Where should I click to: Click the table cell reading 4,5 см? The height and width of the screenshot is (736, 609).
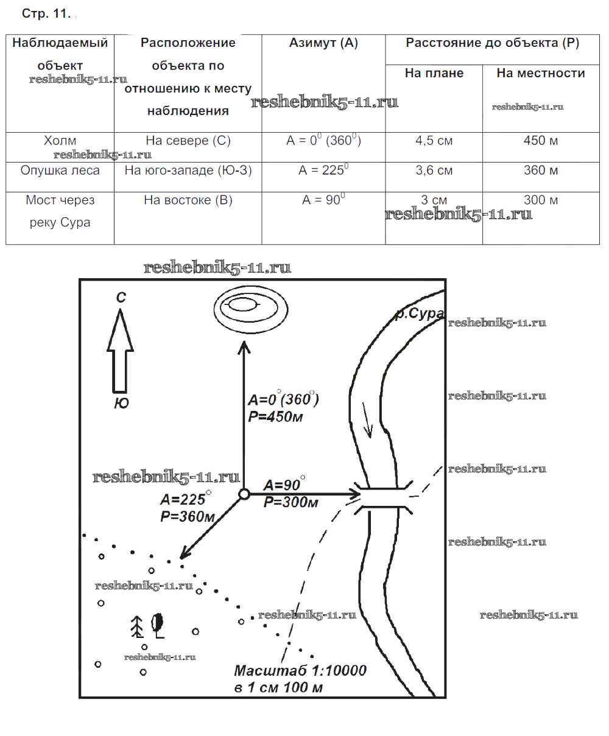[434, 141]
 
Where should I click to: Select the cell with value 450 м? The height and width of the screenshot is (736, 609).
[541, 141]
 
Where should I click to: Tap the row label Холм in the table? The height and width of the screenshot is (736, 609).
[60, 141]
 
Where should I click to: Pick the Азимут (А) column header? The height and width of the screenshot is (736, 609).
[323, 43]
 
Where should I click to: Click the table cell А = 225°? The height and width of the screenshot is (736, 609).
[323, 170]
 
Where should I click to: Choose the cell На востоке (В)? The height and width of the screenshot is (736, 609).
[188, 200]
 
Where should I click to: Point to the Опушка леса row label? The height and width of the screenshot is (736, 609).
[60, 170]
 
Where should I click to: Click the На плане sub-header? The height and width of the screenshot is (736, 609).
[434, 73]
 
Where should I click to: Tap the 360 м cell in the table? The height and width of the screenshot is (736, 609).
[541, 170]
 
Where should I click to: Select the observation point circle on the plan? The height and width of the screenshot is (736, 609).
[244, 494]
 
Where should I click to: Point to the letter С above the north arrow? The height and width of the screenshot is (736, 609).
[121, 298]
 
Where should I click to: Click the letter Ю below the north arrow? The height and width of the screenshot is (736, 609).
[121, 403]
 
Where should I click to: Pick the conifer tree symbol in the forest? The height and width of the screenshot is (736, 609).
[138, 626]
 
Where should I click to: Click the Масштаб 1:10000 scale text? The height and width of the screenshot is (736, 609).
[300, 671]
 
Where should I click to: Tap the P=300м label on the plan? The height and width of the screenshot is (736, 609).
[291, 502]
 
